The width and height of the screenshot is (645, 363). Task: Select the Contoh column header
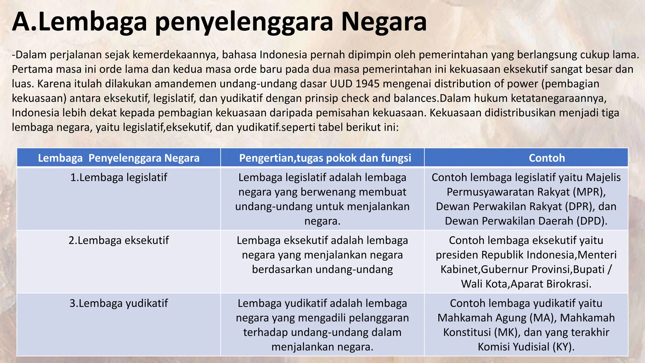547,158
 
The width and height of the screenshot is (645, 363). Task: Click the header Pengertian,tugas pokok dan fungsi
325,158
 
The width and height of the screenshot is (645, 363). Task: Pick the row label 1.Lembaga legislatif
118,177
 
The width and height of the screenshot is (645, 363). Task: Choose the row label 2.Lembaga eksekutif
118,240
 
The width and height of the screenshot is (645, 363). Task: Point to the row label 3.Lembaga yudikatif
118,303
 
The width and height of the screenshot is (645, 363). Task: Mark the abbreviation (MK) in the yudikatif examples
508,332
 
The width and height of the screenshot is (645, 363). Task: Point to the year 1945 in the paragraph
368,84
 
